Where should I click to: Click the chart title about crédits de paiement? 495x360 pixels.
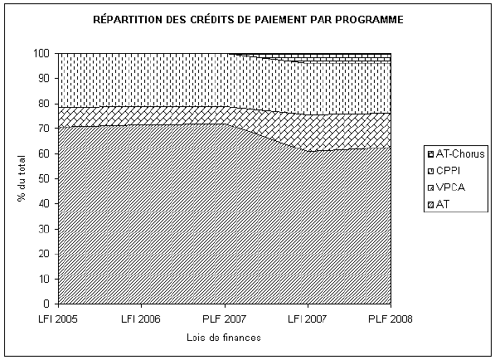point(248,20)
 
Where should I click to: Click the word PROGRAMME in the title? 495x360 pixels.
point(369,20)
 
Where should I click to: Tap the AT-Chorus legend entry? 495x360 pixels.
point(456,154)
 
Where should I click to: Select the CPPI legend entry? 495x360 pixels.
point(444,171)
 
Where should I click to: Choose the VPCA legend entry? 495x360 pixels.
point(446,187)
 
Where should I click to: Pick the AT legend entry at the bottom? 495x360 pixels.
point(439,204)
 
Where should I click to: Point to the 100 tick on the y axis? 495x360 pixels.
point(41,53)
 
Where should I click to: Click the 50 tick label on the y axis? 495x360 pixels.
point(44,178)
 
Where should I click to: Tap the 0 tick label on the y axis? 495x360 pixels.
point(46,304)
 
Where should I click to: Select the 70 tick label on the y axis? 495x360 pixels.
point(44,129)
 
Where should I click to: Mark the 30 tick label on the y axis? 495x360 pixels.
point(44,229)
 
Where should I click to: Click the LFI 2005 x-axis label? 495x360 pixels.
point(58,319)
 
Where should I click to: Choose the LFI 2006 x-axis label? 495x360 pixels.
point(141,319)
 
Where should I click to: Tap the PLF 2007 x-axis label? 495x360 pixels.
point(224,319)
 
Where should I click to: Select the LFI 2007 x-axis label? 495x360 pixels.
point(308,319)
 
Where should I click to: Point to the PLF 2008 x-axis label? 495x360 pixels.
point(391,319)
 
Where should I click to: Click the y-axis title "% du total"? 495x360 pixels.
point(22,178)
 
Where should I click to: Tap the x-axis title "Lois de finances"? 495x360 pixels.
point(224,338)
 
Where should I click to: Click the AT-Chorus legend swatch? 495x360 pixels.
point(431,154)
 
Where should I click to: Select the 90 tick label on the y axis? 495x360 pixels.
point(44,78)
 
